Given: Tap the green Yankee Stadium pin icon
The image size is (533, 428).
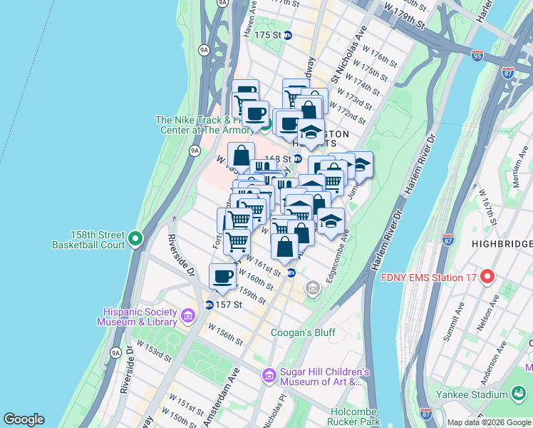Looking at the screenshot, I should click(519, 394).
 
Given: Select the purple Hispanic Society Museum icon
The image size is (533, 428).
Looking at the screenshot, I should click(187, 315).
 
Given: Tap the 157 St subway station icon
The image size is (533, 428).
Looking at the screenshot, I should click(209, 305).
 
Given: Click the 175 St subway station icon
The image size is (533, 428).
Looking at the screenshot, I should click(288, 35).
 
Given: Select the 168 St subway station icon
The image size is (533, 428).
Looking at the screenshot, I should click(298, 158).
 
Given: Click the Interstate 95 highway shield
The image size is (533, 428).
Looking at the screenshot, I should click(477, 54).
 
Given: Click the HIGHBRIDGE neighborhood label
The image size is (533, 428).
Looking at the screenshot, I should click(502, 245).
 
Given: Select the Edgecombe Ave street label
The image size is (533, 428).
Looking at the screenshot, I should click(336, 255).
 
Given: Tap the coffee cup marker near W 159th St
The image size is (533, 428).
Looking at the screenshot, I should click(222, 277).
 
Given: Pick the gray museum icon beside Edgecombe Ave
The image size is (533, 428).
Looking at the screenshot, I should click(312, 288).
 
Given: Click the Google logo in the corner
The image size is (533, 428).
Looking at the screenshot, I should click(24, 419).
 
